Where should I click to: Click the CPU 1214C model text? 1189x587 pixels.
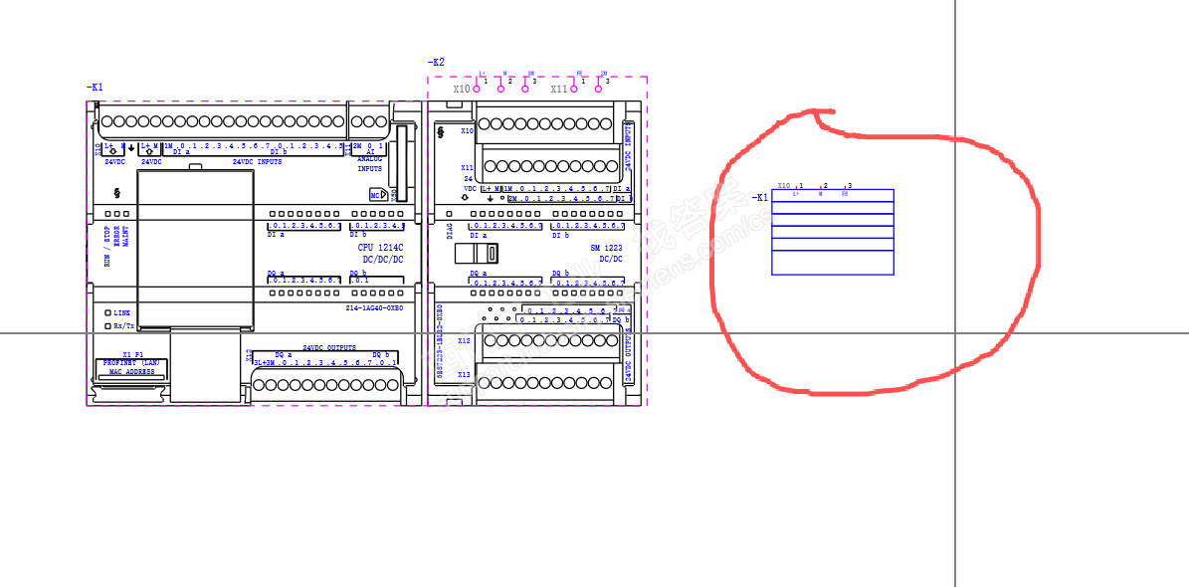coord(380,247)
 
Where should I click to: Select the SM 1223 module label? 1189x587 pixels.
coord(606,247)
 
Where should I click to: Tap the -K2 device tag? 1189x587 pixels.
coord(436,63)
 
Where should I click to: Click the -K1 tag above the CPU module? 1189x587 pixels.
coord(95,88)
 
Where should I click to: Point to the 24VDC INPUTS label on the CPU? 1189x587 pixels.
coord(257,161)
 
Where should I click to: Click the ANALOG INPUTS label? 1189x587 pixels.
coord(369,163)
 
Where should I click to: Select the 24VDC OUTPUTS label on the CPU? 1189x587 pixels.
coord(328,347)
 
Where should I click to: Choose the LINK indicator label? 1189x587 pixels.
coord(121,312)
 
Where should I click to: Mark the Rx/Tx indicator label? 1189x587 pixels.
coord(123,325)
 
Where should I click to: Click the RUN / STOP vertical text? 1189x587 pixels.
coord(107,247)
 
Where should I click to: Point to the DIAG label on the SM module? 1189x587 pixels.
coord(449,231)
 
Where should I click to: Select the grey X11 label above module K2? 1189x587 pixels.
coord(559,89)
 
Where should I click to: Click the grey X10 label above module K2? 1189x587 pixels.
coord(462,89)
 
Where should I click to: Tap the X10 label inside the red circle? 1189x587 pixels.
coord(784,185)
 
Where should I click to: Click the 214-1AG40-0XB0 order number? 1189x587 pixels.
coord(374,308)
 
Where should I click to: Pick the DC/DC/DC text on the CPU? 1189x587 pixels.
coord(382,259)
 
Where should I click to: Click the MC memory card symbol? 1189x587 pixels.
coord(377,196)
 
